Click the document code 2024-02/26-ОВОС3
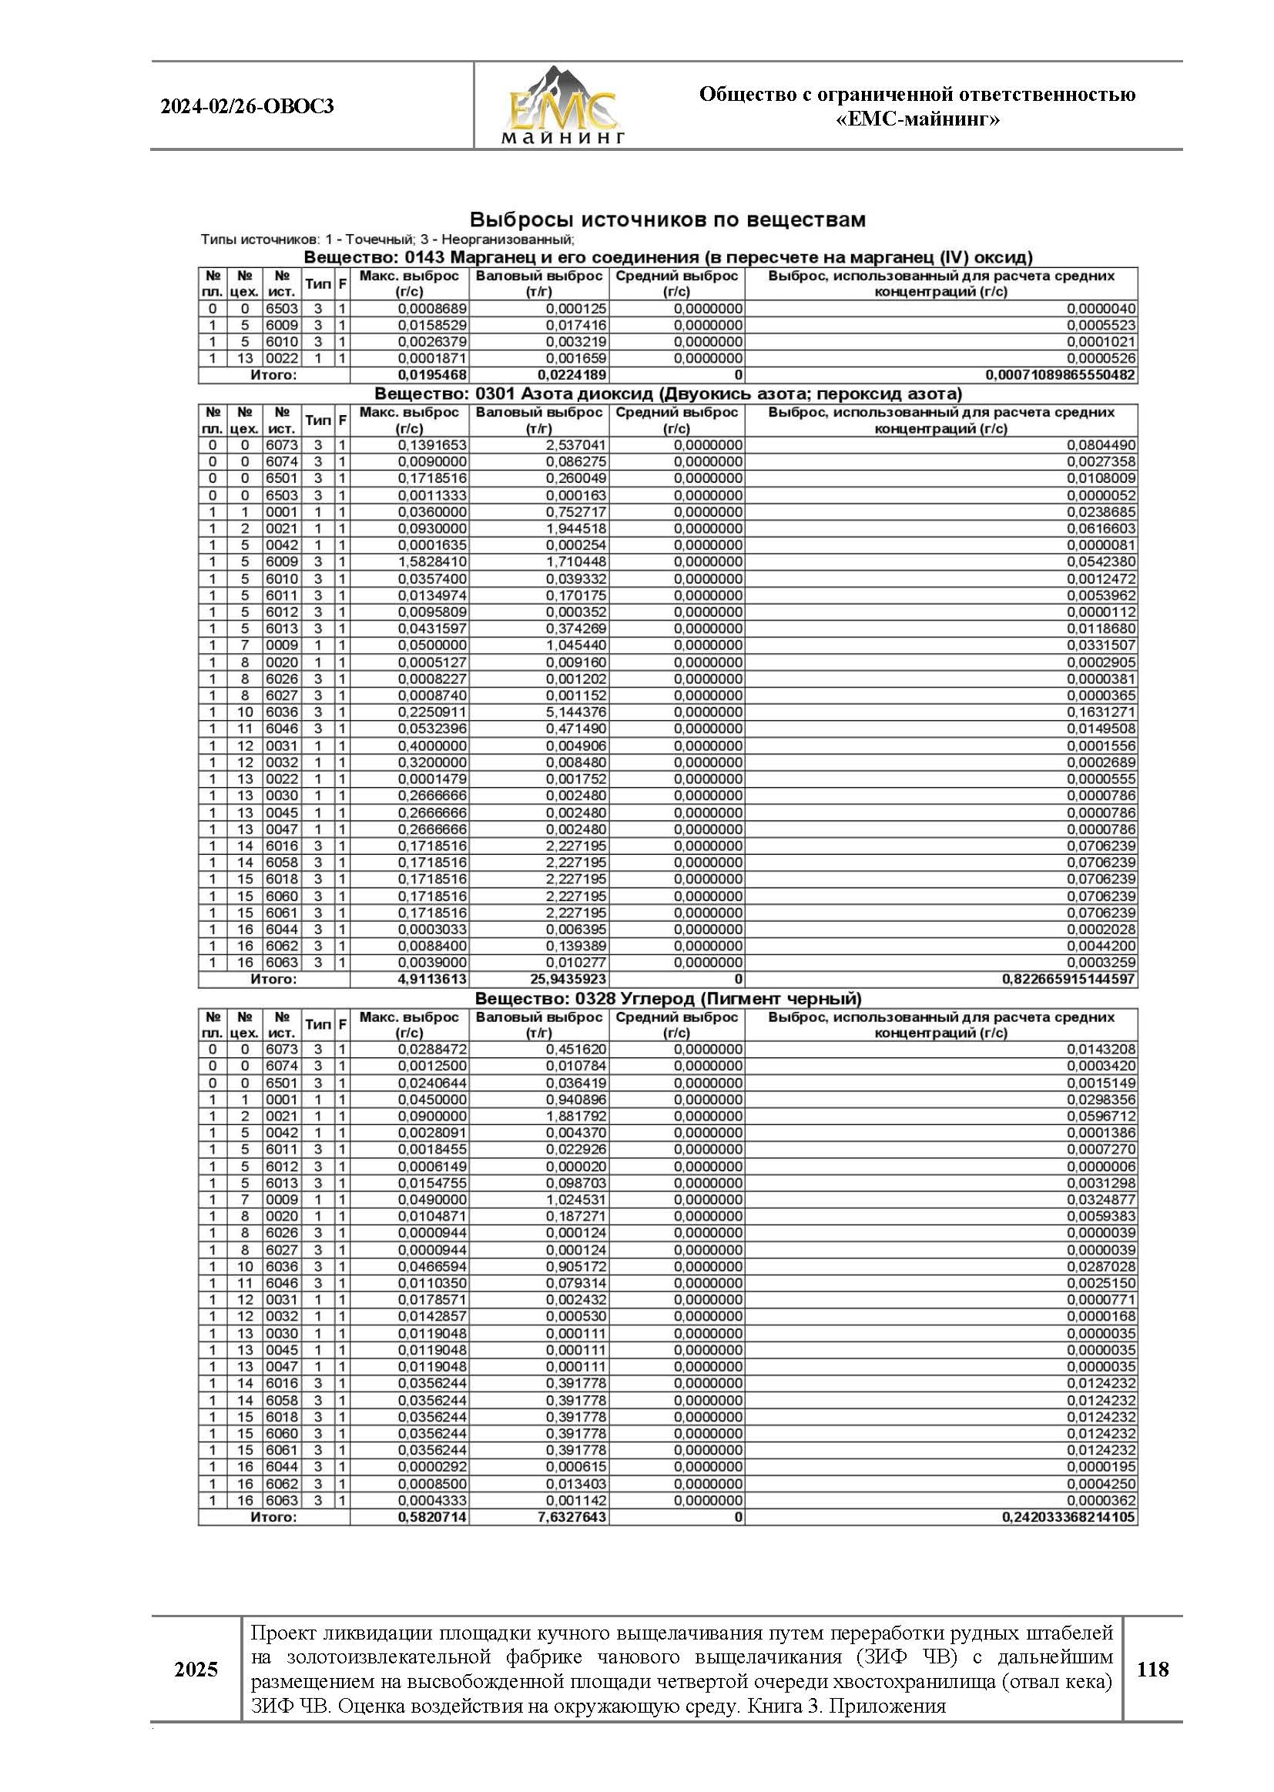(x=247, y=106)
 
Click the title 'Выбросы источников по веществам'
(x=667, y=219)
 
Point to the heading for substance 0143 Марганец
(x=668, y=257)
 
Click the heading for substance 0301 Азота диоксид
(x=668, y=394)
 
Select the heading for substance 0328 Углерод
(x=668, y=998)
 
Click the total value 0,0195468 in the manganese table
(x=432, y=375)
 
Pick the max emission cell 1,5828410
(x=432, y=561)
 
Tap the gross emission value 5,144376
(x=576, y=712)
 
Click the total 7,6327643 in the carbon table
(x=572, y=1517)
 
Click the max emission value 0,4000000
(x=432, y=745)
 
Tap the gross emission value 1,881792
(x=576, y=1116)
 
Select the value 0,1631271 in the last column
(x=1101, y=712)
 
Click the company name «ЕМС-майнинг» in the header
(x=917, y=119)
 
